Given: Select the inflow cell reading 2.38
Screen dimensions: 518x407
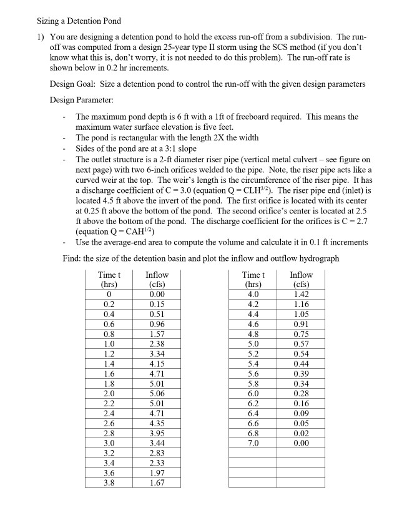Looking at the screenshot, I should (x=157, y=343).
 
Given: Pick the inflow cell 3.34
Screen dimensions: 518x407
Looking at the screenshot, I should (x=157, y=353).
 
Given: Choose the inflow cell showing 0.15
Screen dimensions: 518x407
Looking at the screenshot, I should (x=157, y=304).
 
